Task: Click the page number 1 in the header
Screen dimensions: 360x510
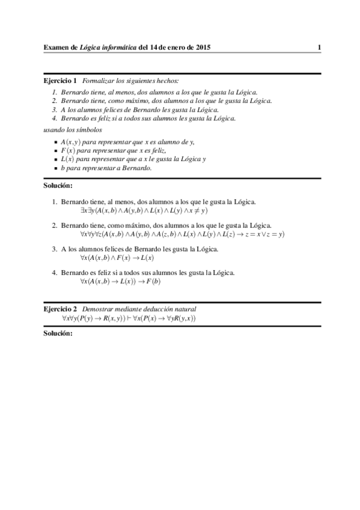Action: click(x=320, y=48)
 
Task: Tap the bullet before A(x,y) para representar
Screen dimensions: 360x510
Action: click(x=55, y=142)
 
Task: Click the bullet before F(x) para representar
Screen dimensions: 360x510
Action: click(x=55, y=150)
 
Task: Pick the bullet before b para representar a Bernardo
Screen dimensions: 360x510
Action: click(x=55, y=168)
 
